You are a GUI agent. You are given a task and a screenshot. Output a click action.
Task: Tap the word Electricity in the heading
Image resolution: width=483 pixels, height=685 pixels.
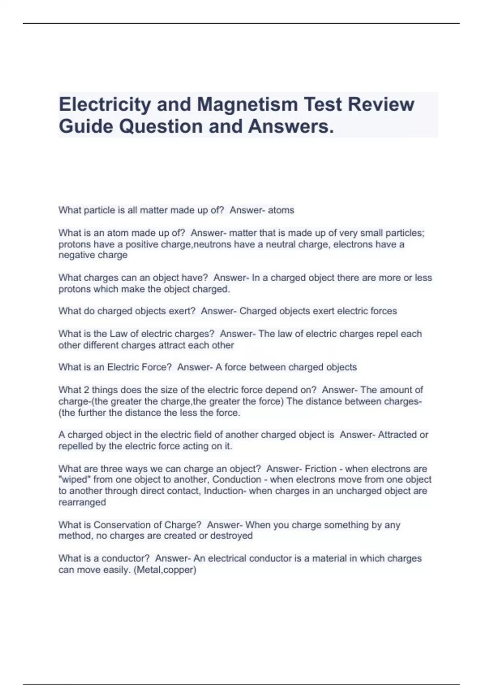coord(105,104)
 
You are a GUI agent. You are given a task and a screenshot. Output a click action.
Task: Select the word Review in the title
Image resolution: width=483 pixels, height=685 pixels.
coord(381,104)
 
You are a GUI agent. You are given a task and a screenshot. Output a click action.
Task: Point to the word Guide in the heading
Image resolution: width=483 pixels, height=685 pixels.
coord(86,126)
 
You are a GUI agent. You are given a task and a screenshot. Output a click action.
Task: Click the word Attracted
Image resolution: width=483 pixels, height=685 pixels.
coord(397,435)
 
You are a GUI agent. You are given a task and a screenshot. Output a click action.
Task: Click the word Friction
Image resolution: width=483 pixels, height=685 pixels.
coord(320,469)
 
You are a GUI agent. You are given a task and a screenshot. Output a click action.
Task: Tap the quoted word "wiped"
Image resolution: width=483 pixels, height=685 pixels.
coord(72,480)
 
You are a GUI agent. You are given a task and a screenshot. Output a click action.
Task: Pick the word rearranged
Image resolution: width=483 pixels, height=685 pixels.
coord(82,502)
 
